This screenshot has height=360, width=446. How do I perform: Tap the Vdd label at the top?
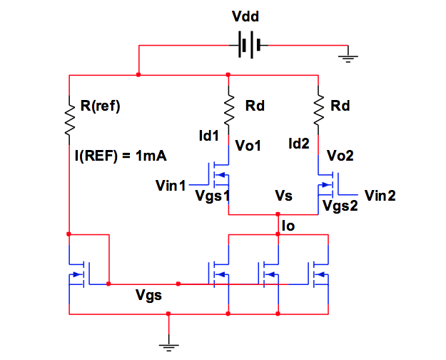click(247, 16)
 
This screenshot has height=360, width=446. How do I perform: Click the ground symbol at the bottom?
click(169, 346)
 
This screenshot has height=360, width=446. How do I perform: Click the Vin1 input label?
click(171, 186)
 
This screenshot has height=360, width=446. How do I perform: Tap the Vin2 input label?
click(380, 195)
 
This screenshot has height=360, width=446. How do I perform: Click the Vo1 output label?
click(248, 146)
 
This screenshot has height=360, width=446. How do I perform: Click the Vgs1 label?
click(211, 197)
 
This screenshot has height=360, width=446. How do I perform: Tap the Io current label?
click(289, 225)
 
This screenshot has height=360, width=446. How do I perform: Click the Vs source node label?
click(283, 195)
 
